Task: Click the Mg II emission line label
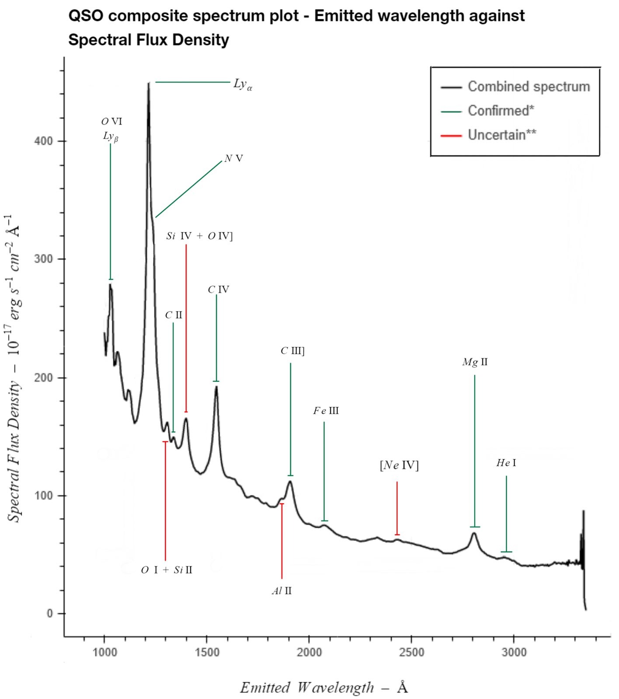[x=475, y=362]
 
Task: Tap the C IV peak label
[x=218, y=290]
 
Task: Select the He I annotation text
[x=506, y=463]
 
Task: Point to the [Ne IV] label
[x=399, y=465]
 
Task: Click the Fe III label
[x=326, y=411]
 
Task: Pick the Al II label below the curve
[x=282, y=591]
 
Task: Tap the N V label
[x=234, y=159]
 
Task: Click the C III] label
[x=292, y=351]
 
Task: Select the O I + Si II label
[x=167, y=570]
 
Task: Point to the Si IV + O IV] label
[x=199, y=236]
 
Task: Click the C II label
[x=174, y=315]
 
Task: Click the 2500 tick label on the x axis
[x=411, y=653]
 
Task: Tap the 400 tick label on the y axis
[x=43, y=141]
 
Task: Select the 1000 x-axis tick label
[x=104, y=653]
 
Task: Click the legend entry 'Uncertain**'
[x=502, y=135]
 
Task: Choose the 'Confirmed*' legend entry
[x=501, y=111]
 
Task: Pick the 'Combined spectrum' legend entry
[x=529, y=87]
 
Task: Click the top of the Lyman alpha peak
[x=149, y=83]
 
